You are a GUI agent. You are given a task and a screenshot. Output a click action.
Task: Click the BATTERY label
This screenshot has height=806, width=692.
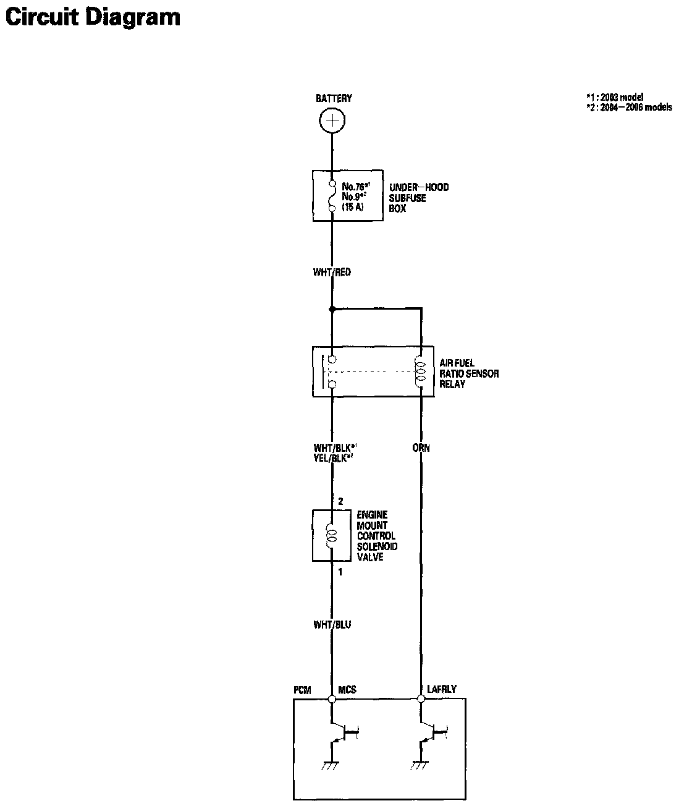coord(334,98)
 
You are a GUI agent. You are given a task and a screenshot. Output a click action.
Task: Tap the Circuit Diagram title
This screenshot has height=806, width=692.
coord(93,17)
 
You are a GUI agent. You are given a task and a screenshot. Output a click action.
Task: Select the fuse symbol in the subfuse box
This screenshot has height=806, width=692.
coord(332,197)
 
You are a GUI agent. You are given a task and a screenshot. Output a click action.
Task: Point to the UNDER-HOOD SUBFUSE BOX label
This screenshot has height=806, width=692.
coord(418,198)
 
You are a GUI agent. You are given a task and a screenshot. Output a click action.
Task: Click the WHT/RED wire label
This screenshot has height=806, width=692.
coord(332,272)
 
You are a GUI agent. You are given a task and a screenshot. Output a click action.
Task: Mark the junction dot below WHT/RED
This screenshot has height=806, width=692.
coord(332,308)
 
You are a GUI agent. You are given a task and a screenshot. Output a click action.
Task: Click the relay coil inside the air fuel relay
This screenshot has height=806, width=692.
coord(421,373)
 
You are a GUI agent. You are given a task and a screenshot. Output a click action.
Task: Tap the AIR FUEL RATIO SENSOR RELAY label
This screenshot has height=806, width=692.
coord(468,373)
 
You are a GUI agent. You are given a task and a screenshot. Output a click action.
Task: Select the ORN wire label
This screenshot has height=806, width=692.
coord(421,448)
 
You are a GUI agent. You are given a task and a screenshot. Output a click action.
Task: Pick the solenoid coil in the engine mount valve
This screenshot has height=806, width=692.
coord(332,535)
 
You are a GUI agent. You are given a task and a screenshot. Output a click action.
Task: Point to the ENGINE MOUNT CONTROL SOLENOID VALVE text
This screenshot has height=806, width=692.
coord(377,536)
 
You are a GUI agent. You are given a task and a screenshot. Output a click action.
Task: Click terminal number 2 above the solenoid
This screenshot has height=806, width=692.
coord(340,501)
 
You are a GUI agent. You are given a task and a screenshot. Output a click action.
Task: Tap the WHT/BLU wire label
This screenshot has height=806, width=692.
coord(332,625)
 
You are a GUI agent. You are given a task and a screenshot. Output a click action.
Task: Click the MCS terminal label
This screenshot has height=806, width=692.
coord(347,690)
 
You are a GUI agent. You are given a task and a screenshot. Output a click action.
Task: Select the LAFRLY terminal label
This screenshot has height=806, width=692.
coord(442,689)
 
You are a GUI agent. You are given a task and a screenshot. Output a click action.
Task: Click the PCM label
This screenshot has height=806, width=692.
coord(303,690)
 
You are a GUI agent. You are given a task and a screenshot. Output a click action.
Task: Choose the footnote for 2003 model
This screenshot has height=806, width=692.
coord(614,98)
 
